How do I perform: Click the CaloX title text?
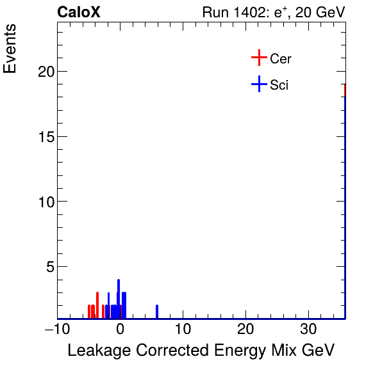(79, 12)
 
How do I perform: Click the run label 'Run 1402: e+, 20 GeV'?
(273, 12)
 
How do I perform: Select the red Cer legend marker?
(258, 58)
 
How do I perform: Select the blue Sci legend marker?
(258, 84)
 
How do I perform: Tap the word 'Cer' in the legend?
(281, 59)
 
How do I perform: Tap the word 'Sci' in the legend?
(279, 85)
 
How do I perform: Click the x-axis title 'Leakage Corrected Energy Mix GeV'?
(201, 351)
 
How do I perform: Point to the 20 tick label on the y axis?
(44, 72)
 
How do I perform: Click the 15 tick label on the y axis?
(44, 136)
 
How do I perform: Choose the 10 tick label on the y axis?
(44, 202)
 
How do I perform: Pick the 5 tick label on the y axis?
(49, 266)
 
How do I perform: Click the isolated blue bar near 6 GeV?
(157, 312)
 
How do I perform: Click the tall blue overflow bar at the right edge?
(345, 205)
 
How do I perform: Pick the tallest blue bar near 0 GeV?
(119, 298)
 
